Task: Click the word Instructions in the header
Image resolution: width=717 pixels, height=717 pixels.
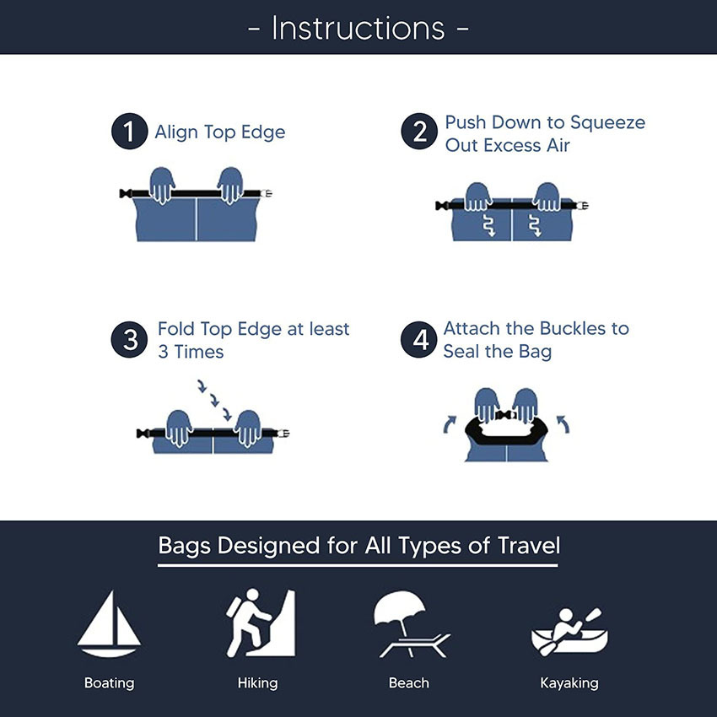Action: click(358, 28)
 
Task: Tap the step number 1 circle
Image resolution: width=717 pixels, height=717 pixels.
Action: click(129, 133)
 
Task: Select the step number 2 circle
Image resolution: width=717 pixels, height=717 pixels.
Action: click(418, 133)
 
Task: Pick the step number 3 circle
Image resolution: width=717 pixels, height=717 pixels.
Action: click(130, 340)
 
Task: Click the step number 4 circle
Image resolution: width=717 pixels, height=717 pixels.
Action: click(418, 340)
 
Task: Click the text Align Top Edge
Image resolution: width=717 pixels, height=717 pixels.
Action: click(220, 132)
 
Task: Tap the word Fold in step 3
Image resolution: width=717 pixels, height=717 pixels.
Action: click(175, 329)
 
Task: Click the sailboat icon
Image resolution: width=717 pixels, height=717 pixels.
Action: click(108, 623)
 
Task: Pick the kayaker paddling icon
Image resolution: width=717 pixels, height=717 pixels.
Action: click(569, 629)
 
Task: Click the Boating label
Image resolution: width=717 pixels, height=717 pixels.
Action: click(109, 682)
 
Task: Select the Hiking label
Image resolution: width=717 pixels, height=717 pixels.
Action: click(258, 682)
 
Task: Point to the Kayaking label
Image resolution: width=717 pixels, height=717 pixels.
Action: click(569, 682)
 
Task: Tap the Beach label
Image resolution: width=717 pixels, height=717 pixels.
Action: click(409, 682)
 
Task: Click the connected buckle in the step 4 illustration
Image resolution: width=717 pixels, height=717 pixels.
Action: click(506, 416)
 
